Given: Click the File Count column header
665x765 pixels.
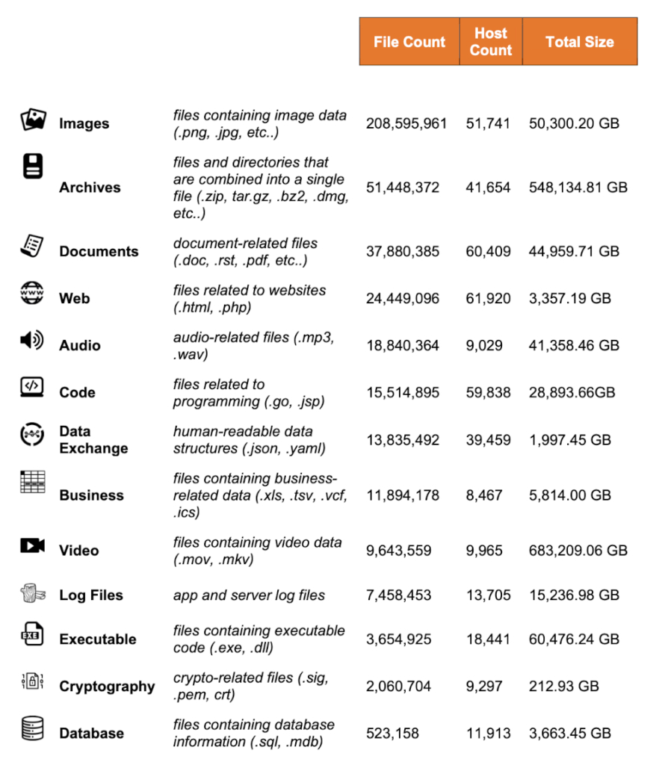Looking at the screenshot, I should point(409,42).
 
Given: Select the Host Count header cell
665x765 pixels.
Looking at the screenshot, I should point(491,42).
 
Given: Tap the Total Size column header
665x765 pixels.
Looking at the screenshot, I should point(579,42).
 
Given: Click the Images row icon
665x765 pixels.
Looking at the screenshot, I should point(33,120).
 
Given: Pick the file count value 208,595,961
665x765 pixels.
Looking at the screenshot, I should point(406,123).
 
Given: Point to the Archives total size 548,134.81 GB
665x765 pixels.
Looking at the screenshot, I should point(578,188).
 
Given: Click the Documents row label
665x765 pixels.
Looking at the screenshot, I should point(99,252).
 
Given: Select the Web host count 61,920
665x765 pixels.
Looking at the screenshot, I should point(488,299).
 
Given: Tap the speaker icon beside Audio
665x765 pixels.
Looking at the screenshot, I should point(32,341).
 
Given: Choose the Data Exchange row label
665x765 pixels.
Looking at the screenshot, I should point(93,440).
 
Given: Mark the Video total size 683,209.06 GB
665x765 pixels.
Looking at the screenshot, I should point(578,551).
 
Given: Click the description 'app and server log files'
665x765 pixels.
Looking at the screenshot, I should point(249,595).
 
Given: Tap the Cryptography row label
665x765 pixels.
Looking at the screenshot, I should point(107,687).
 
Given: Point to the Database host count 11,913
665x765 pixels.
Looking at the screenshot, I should point(488,734).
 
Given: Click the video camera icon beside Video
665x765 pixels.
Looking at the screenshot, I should point(32,546).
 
